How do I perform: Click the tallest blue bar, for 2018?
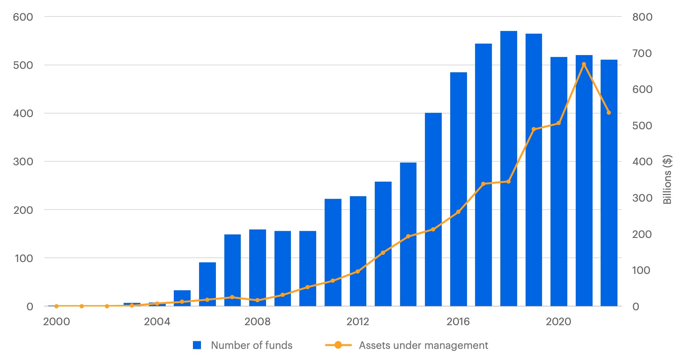click(508, 168)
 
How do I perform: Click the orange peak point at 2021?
click(584, 64)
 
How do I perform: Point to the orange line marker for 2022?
click(609, 113)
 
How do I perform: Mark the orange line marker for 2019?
click(534, 129)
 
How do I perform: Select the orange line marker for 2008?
click(257, 300)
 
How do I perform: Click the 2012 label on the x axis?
click(358, 321)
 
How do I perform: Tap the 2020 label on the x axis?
click(558, 321)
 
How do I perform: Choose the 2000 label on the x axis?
click(57, 321)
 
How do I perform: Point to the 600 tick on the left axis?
click(23, 17)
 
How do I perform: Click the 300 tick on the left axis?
click(23, 161)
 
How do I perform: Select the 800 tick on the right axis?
click(642, 17)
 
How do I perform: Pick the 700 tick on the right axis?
click(642, 53)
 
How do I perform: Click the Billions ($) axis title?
click(667, 179)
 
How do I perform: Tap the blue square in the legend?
click(197, 345)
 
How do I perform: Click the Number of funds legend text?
click(251, 345)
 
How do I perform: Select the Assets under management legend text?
click(423, 345)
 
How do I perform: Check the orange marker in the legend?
click(338, 345)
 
